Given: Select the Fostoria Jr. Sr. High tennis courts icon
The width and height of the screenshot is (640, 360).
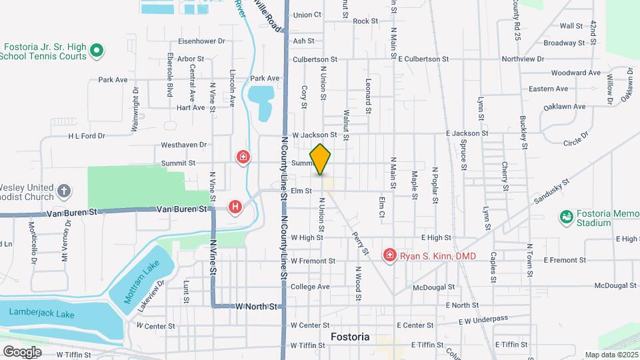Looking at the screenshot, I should tap(96, 49).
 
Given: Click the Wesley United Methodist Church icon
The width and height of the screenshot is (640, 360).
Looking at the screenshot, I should tap(64, 191).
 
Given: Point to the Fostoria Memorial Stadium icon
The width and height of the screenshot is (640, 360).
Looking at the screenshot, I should tap(567, 217).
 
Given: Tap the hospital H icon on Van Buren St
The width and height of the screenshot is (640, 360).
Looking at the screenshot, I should tap(235, 207).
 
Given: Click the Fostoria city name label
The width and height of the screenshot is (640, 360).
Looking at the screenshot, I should tap(350, 337).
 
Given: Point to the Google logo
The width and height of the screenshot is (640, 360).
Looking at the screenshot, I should tap(21, 351).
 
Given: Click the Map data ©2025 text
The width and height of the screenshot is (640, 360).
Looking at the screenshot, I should tap(611, 355).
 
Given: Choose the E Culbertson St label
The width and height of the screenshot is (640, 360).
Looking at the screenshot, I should tap(423, 59).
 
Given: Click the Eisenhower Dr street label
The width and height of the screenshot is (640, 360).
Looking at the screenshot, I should tap(202, 41).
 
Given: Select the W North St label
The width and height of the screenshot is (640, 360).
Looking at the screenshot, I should tap(256, 306).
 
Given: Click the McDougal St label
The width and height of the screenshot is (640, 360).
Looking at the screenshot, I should tap(433, 287).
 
